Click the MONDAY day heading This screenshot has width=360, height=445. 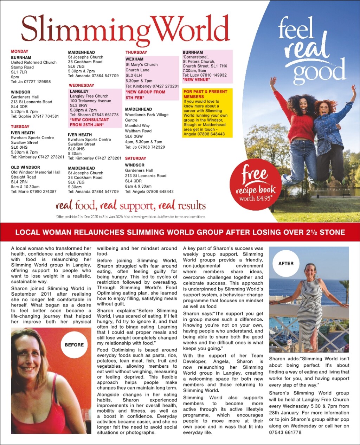point(19,51)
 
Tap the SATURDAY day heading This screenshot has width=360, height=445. point(135,159)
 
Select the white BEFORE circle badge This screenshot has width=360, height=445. point(74,345)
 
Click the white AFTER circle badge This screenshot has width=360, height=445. point(286,264)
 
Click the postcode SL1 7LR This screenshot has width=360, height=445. point(19,72)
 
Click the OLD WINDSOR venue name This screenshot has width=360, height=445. point(25,168)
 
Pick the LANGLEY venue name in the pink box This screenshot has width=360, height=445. point(79,91)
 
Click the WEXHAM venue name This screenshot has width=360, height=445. point(134,59)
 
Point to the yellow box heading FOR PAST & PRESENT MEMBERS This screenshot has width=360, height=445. point(205,94)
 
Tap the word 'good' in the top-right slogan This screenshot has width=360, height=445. point(319,70)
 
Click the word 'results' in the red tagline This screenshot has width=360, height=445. point(192,206)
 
